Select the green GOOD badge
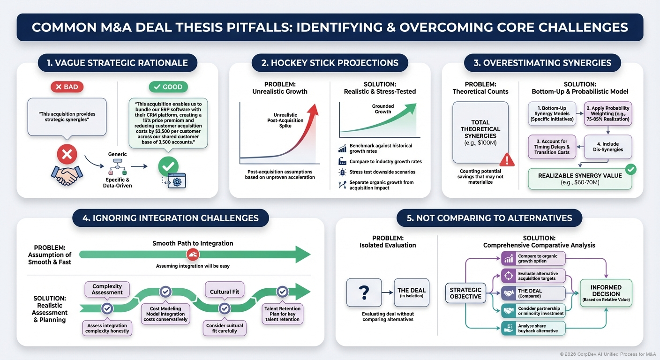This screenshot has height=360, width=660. click(x=168, y=87)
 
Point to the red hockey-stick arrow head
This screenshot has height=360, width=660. click(x=312, y=111)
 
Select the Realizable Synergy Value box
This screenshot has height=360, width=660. click(x=579, y=179)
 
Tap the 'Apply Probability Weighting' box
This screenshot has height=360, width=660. click(x=607, y=114)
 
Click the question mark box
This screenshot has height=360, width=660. click(x=363, y=293)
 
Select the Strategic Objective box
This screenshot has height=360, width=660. click(x=465, y=293)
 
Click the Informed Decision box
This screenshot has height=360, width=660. click(x=606, y=293)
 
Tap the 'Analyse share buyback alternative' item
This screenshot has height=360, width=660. click(x=533, y=328)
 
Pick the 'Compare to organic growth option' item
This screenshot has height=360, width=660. click(x=533, y=259)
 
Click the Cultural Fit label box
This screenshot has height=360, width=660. click(x=224, y=292)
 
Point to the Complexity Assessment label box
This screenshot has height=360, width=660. click(x=107, y=289)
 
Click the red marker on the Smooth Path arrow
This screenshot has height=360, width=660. click(x=193, y=255)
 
